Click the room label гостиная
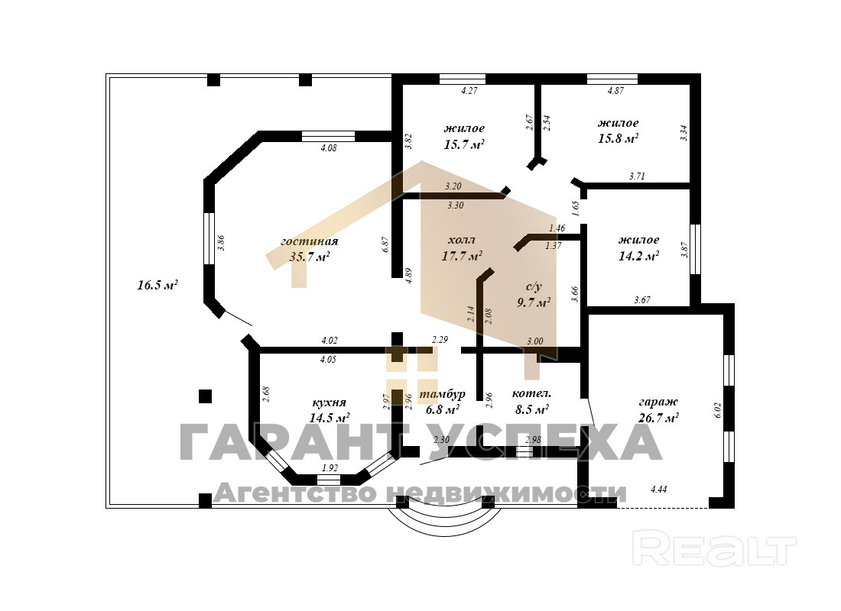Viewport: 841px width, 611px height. point(310,241)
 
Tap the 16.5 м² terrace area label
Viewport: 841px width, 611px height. point(157,285)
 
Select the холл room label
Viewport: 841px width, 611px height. point(462,239)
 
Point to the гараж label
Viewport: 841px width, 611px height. point(658,402)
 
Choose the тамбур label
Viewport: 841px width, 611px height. point(443,394)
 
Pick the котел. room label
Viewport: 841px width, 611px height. point(531,394)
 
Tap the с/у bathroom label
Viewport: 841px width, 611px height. point(534,287)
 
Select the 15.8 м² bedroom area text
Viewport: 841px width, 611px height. point(618,138)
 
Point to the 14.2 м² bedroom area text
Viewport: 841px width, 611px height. point(638,257)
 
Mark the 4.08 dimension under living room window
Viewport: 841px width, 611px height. point(327,148)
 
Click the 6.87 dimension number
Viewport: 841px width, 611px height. point(386,244)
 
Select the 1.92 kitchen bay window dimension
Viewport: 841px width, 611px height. point(330,468)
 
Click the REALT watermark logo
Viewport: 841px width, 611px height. point(716,550)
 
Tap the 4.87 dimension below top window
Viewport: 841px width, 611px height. point(615,91)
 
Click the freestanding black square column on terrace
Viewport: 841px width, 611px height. point(205,396)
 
